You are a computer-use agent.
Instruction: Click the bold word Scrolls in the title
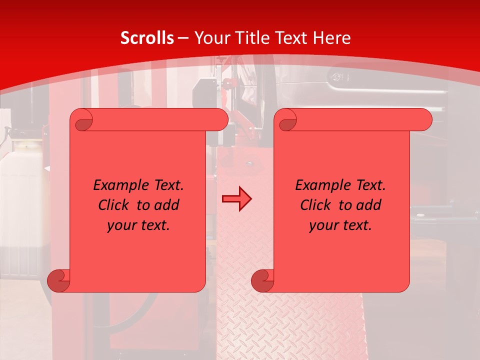point(147,38)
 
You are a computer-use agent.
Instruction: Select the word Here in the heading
point(331,38)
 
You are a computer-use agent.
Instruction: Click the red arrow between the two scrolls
point(236,199)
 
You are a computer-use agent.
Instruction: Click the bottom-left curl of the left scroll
point(59,280)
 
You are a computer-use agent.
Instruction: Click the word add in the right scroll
point(369,205)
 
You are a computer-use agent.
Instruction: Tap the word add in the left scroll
point(167,205)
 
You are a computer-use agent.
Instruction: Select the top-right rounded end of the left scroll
point(220,120)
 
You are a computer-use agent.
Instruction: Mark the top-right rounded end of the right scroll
point(424,120)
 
